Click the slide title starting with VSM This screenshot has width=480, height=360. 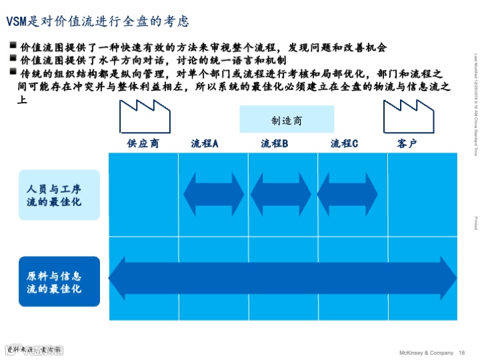click(x=98, y=21)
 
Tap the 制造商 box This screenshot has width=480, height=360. click(x=297, y=120)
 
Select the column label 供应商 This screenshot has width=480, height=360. click(x=143, y=143)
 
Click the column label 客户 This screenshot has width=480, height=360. click(x=407, y=143)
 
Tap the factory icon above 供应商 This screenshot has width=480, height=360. click(x=143, y=116)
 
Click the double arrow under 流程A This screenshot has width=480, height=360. click(x=213, y=194)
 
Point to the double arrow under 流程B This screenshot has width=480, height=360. click(x=281, y=194)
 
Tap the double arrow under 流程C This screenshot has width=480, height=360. click(x=350, y=194)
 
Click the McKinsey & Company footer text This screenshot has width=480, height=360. click(x=425, y=353)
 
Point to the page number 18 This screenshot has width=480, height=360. click(x=462, y=353)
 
